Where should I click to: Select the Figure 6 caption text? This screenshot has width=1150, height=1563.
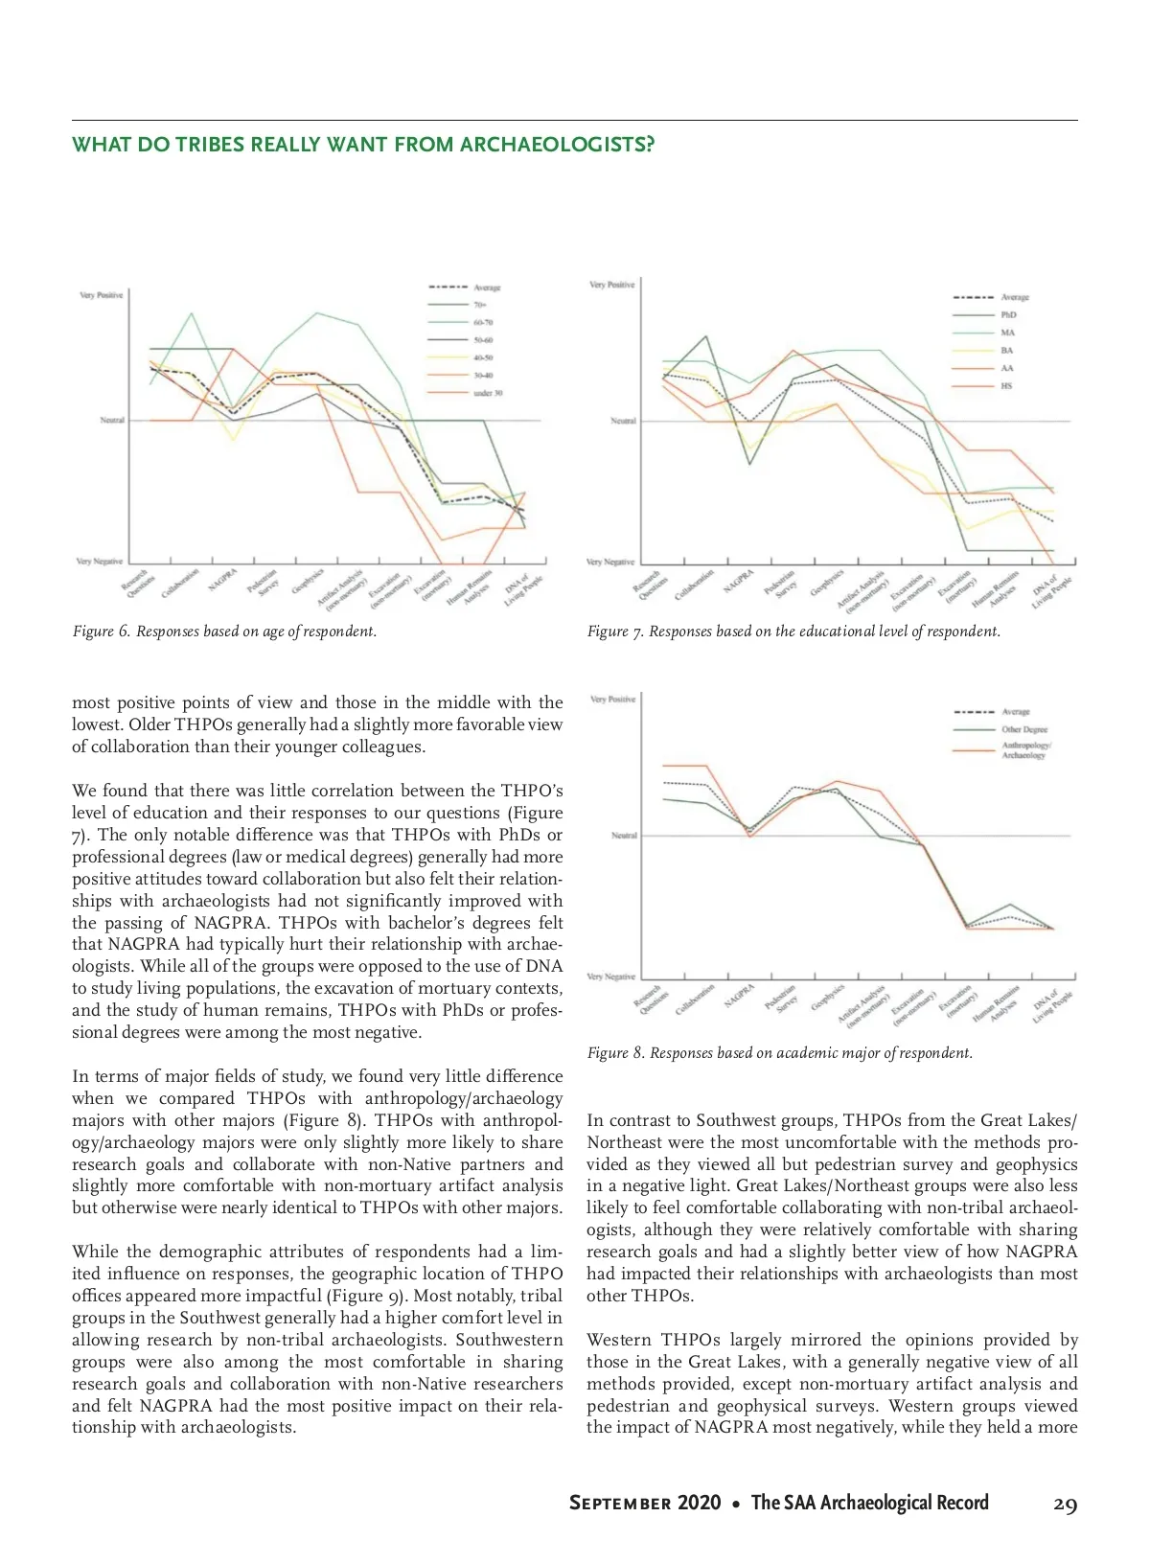point(224,632)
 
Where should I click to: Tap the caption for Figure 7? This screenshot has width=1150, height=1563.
point(793,632)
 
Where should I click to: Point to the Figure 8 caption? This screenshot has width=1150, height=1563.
point(779,1053)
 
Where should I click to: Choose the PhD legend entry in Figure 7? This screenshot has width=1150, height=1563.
point(1008,314)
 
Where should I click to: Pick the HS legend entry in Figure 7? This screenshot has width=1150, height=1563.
point(1006,385)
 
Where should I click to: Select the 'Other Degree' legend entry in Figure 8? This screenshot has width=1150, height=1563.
point(1024,729)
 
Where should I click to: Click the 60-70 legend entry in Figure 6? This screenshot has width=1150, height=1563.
point(483,323)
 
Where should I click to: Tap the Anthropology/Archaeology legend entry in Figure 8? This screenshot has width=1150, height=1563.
point(1025,750)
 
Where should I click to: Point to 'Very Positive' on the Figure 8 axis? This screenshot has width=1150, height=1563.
point(612,700)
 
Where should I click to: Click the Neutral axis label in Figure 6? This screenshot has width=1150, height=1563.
point(112,420)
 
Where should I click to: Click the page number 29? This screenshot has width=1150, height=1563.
point(1065,1504)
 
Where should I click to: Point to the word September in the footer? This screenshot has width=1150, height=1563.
point(619,1504)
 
